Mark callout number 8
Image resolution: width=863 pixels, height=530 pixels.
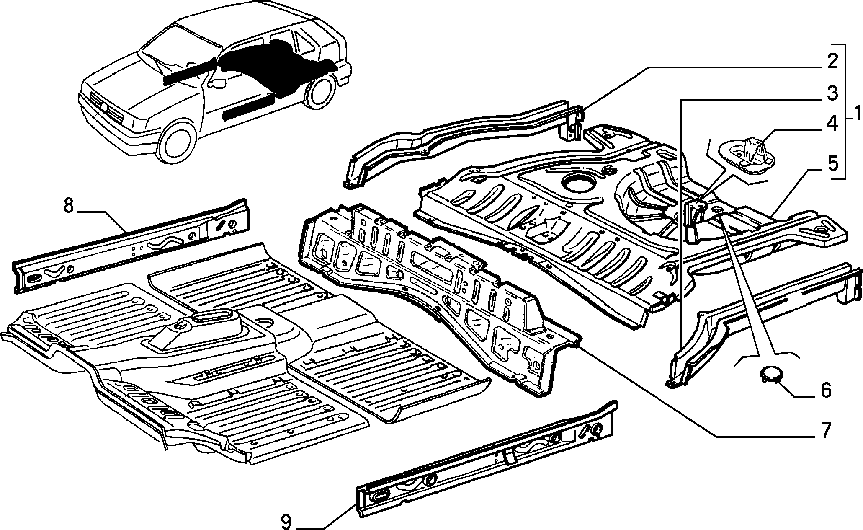[69, 207]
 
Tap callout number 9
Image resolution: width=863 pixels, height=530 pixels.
[286, 522]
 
